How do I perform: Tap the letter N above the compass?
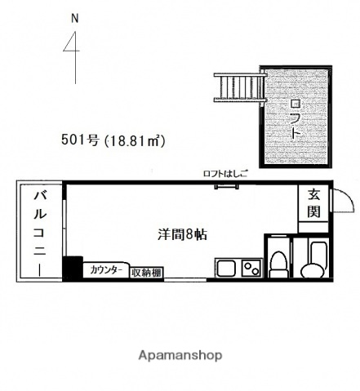pyautogui.click(x=75, y=17)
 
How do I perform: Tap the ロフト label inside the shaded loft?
pyautogui.click(x=295, y=119)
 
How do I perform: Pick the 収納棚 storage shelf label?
pyautogui.click(x=147, y=271)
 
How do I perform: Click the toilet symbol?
pyautogui.click(x=278, y=263)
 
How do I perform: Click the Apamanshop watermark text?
pyautogui.click(x=180, y=356)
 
